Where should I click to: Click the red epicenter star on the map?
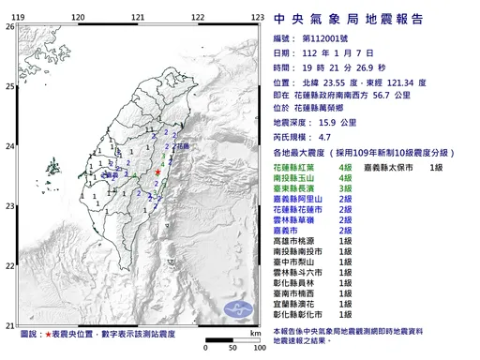click(158, 173)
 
